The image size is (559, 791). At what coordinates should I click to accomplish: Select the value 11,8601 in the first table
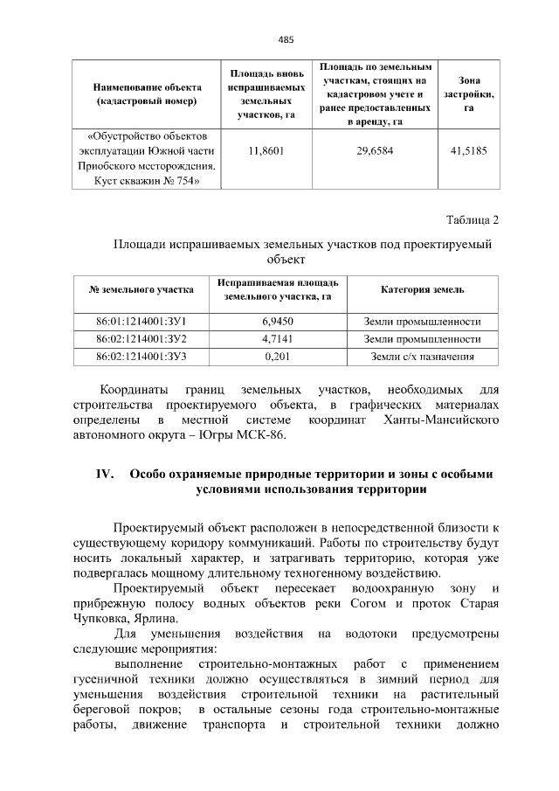tap(266, 150)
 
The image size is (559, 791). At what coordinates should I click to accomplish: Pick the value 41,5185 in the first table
tap(468, 150)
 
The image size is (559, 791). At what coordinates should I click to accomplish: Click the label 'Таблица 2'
tap(472, 219)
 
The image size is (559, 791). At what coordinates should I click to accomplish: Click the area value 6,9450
tap(277, 322)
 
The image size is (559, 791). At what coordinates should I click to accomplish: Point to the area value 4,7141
tap(277, 338)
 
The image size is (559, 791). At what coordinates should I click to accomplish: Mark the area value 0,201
tap(277, 356)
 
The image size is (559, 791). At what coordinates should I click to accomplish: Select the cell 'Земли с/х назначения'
tap(423, 356)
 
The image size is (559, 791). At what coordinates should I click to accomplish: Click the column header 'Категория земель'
tap(423, 289)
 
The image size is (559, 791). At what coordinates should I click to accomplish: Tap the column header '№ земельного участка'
tap(141, 289)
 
